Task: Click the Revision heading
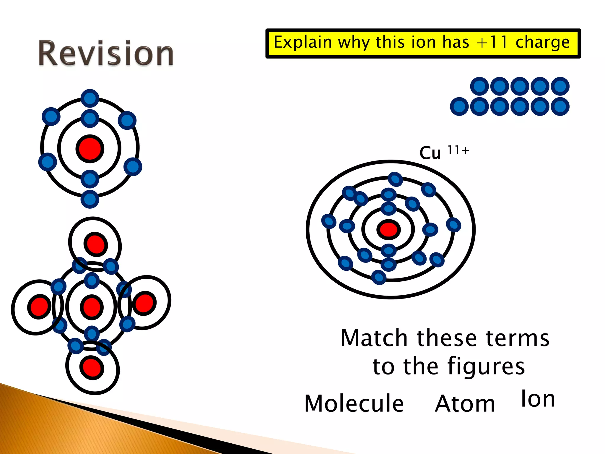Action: pos(106,53)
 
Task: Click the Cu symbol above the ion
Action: pos(430,153)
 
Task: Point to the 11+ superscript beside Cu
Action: pos(458,150)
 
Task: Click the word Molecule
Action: pos(354,403)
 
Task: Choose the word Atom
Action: pos(465,404)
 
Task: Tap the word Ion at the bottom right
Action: pos(538,399)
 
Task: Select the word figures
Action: pos(486,367)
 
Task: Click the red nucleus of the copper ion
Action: pos(388,230)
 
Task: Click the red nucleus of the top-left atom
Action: pos(90,149)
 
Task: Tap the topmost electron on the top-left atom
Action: pos(90,98)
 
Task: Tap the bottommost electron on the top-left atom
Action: pos(90,199)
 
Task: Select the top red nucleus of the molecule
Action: pos(95,244)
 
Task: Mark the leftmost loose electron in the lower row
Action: pos(459,106)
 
